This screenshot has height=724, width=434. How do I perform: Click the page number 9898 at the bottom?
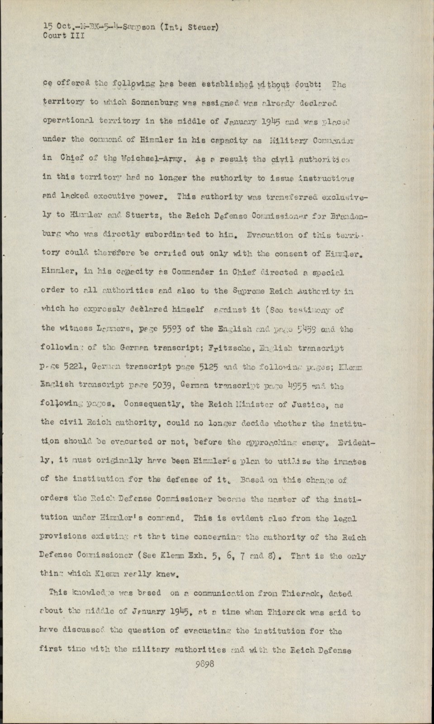point(203,664)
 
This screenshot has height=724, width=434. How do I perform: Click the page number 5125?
point(210,367)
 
